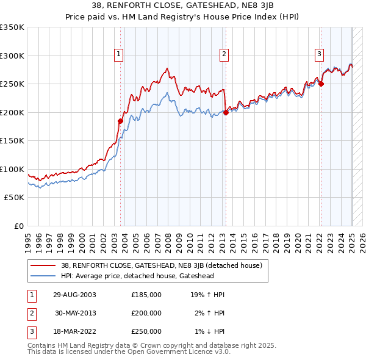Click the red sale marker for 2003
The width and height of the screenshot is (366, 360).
point(120,121)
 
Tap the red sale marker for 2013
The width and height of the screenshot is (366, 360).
point(226,112)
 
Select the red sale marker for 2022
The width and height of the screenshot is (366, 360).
point(321,84)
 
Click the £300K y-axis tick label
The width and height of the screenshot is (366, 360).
point(12,56)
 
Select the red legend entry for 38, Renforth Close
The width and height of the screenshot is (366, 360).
point(162,265)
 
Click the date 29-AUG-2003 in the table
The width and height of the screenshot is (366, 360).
point(75,295)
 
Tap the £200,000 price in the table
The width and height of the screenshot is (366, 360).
point(146,313)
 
